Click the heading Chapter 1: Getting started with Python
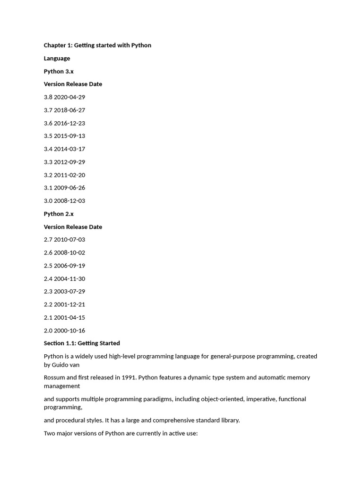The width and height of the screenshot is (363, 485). pyautogui.click(x=97, y=45)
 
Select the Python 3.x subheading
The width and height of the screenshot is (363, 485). pyautogui.click(x=59, y=72)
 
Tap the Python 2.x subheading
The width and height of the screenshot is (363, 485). pyautogui.click(x=59, y=214)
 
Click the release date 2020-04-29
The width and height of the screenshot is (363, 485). pyautogui.click(x=69, y=97)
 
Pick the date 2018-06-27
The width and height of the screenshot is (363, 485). pyautogui.click(x=69, y=110)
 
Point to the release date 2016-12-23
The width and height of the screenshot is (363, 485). pyautogui.click(x=69, y=123)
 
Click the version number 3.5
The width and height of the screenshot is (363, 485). pyautogui.click(x=48, y=136)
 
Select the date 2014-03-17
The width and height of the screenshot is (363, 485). pyautogui.click(x=69, y=149)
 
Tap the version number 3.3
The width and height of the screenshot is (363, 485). pyautogui.click(x=48, y=162)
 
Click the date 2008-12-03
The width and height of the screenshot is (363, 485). pyautogui.click(x=69, y=201)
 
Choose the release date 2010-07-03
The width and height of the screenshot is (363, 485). pyautogui.click(x=69, y=240)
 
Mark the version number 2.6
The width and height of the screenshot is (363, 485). pyautogui.click(x=48, y=253)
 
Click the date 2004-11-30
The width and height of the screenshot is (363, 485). pyautogui.click(x=69, y=279)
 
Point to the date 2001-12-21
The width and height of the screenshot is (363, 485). pyautogui.click(x=69, y=305)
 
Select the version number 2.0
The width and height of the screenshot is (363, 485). pyautogui.click(x=48, y=331)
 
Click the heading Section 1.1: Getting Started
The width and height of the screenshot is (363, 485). pyautogui.click(x=82, y=343)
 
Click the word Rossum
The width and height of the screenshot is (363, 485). pyautogui.click(x=55, y=378)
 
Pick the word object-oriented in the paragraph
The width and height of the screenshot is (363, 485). pyautogui.click(x=216, y=399)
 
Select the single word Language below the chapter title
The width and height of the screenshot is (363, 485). pyautogui.click(x=57, y=59)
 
